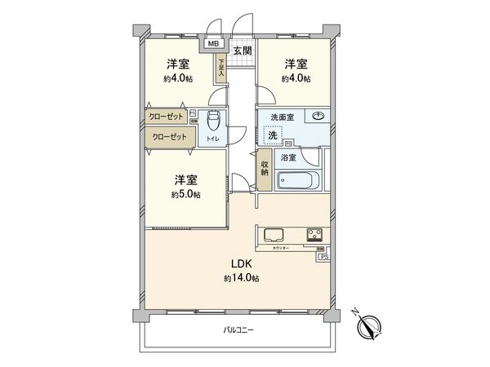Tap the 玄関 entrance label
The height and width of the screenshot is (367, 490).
[242, 51]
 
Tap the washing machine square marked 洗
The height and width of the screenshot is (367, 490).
[275, 135]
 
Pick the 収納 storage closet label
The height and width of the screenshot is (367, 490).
[265, 167]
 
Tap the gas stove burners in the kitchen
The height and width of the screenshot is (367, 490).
[314, 235]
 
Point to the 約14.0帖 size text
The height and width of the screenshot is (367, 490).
[241, 279]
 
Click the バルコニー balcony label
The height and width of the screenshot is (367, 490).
[238, 330]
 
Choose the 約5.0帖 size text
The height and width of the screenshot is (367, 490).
[186, 195]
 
